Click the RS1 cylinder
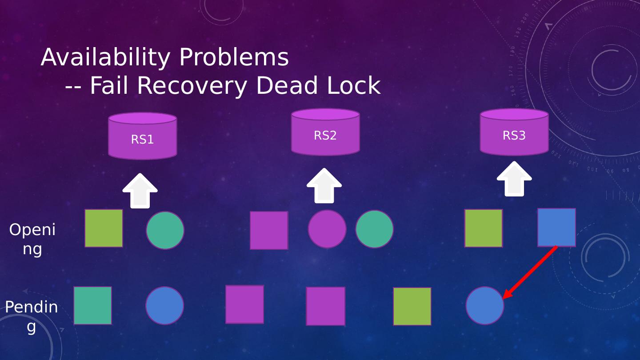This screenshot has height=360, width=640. coord(142,136)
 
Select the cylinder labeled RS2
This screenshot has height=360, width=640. coord(325,132)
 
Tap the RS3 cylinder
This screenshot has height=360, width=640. coord(514,132)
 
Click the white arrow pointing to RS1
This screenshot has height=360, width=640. coord(140,191)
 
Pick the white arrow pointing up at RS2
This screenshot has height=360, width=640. coord(324,186)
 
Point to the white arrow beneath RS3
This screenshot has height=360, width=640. coord(514,179)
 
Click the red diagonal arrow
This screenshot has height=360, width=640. coord(530,272)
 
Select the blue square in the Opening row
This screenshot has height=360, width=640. coord(556,228)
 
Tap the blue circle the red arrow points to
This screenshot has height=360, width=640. coord(485,306)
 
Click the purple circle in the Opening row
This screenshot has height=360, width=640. coord(327,229)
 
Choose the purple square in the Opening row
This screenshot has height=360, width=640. coord(269,230)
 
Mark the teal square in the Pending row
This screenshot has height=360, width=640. coord(93,306)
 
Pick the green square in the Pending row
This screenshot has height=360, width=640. coord(412,307)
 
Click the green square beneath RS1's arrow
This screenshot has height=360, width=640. coord(104,228)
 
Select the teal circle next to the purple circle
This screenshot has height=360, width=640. coord(374,229)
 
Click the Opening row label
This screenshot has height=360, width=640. coord(32,239)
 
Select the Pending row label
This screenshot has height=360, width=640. coord(31,316)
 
